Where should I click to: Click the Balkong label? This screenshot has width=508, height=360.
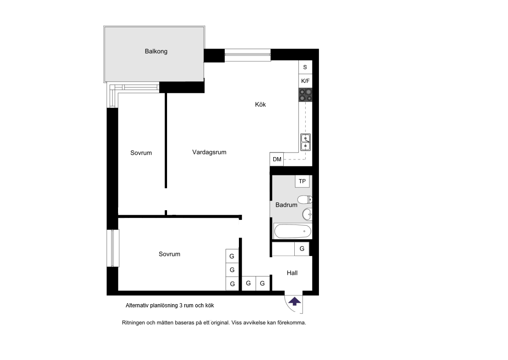(156, 51)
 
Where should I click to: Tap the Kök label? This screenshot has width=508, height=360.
(260, 104)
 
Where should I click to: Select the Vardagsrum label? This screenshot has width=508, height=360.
(209, 152)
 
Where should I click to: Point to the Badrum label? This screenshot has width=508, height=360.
(286, 205)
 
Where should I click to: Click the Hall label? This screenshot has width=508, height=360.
(292, 273)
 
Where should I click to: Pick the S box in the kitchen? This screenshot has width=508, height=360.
(305, 67)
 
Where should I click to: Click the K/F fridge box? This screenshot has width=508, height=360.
(305, 81)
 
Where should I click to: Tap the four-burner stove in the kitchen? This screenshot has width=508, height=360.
(306, 95)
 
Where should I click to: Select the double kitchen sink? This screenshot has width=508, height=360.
(306, 142)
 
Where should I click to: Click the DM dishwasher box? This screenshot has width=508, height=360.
(277, 159)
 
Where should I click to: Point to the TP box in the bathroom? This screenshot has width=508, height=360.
(302, 181)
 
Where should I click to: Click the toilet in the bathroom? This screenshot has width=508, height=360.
(305, 199)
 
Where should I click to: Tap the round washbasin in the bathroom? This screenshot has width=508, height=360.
(307, 214)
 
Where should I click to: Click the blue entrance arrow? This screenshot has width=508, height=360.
(294, 302)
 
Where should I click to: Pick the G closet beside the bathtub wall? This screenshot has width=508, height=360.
(302, 249)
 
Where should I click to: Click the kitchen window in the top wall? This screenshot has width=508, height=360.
(248, 55)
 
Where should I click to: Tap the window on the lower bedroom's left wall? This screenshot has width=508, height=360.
(113, 248)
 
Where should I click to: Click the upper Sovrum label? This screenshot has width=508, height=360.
(141, 153)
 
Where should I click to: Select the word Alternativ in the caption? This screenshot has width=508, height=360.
(137, 305)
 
